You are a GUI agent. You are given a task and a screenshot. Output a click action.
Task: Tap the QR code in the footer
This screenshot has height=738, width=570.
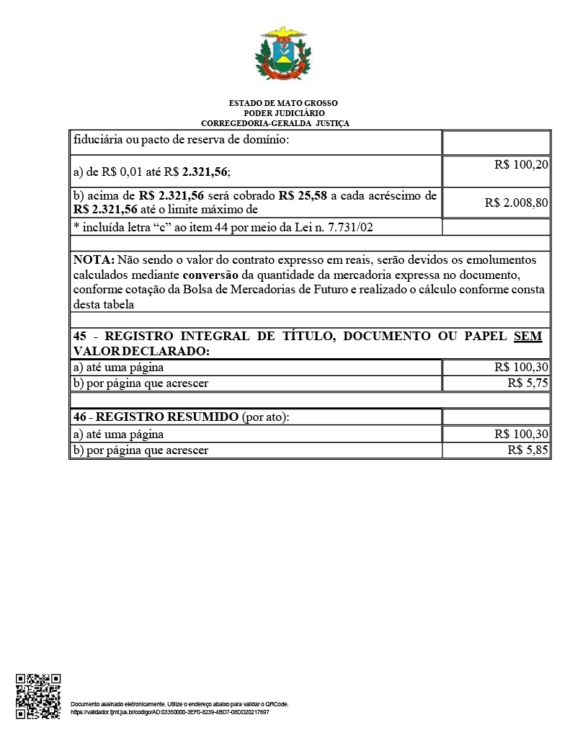38,695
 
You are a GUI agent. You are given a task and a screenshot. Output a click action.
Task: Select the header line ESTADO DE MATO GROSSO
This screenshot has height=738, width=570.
283,103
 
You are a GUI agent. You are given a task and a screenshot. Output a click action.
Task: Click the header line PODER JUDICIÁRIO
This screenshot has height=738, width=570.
283,113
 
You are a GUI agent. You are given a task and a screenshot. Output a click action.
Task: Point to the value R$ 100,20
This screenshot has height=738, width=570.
522,165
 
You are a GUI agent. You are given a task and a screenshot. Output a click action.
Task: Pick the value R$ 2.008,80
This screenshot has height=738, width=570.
517,203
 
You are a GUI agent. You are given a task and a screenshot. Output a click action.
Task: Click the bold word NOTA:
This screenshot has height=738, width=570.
94,259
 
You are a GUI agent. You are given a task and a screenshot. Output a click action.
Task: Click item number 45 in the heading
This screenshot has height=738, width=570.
81,337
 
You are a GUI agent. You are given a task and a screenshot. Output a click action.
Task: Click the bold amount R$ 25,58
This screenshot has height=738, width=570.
303,196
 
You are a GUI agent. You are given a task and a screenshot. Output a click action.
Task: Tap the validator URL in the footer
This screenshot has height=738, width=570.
170,712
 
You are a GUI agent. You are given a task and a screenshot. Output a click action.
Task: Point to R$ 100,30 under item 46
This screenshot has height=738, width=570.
522,435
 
